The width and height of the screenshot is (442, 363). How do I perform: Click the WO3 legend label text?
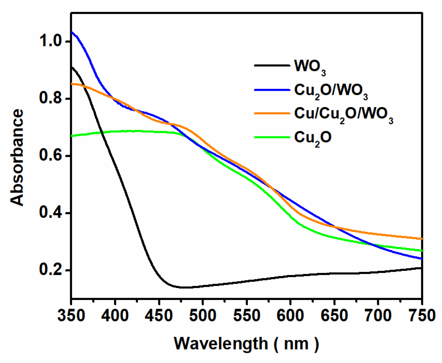(x=310, y=67)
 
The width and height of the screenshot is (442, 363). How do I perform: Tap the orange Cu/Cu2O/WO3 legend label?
(x=343, y=115)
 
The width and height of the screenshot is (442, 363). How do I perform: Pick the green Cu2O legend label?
(x=313, y=138)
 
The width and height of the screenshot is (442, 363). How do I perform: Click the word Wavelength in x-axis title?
(x=221, y=344)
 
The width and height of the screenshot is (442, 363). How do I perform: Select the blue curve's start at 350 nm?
(x=72, y=32)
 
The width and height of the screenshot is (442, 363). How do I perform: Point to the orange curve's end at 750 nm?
(x=422, y=239)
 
